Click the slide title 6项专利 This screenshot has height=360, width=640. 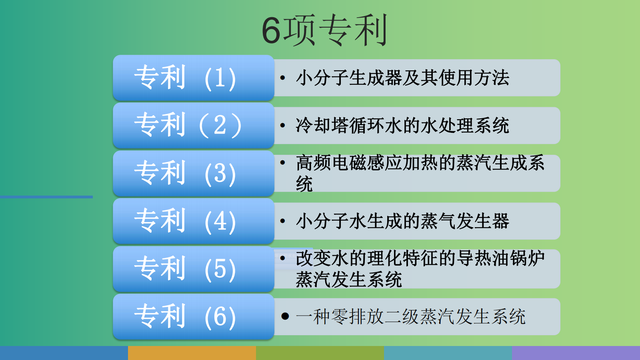point(324,30)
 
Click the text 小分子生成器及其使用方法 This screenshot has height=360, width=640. point(402,78)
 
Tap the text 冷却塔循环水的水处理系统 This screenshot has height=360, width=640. point(402,126)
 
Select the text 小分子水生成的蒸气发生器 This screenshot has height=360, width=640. point(402,221)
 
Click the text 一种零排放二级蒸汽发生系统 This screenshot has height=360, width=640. point(410,316)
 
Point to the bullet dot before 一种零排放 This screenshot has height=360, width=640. point(285,316)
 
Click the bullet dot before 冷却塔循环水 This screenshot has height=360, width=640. point(282,125)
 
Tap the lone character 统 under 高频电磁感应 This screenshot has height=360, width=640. point(304,184)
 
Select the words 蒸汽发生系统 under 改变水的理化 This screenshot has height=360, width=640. point(349,280)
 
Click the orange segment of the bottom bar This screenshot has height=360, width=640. point(192,353)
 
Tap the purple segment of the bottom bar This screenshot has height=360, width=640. point(576,353)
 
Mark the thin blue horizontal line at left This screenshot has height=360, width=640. point(46,197)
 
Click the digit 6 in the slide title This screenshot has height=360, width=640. point(271,30)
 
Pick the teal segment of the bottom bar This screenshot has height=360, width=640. point(448,353)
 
